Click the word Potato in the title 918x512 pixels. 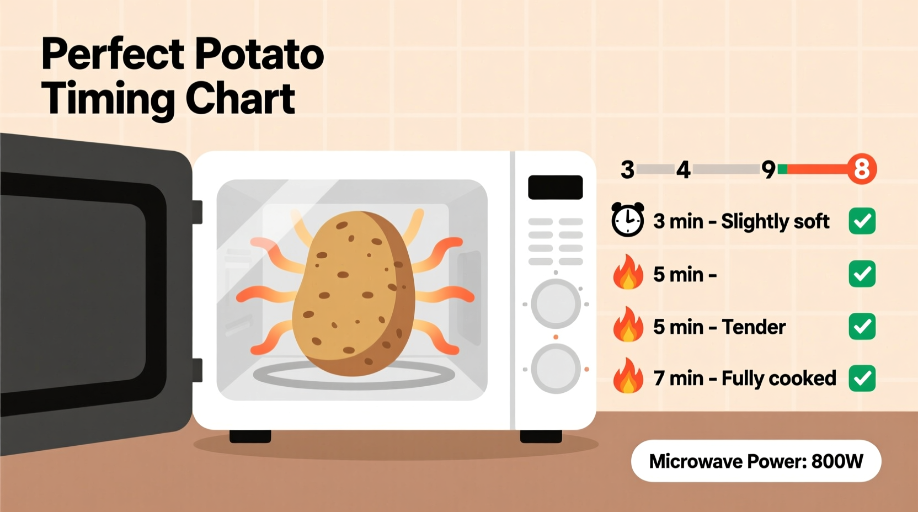pyautogui.click(x=259, y=54)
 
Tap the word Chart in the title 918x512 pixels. pyautogui.click(x=240, y=99)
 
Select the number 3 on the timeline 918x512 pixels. pyautogui.click(x=627, y=170)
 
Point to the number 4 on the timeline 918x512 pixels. pyautogui.click(x=684, y=170)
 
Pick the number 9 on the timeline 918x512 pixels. pyautogui.click(x=768, y=170)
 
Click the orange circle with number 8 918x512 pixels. pyautogui.click(x=862, y=169)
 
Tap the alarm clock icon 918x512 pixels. pyautogui.click(x=628, y=220)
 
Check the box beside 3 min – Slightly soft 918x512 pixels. pyautogui.click(x=862, y=221)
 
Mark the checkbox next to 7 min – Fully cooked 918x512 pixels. pyautogui.click(x=862, y=378)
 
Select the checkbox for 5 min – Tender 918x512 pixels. pyautogui.click(x=862, y=327)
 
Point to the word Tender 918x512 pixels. pyautogui.click(x=754, y=327)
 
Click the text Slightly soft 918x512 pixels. pyautogui.click(x=775, y=221)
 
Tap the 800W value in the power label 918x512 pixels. pyautogui.click(x=837, y=461)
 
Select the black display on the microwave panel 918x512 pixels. pyautogui.click(x=555, y=188)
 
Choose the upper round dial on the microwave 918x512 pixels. pyautogui.click(x=556, y=304)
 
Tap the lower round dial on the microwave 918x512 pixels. pyautogui.click(x=556, y=369)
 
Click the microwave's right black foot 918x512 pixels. pyautogui.click(x=541, y=436)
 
